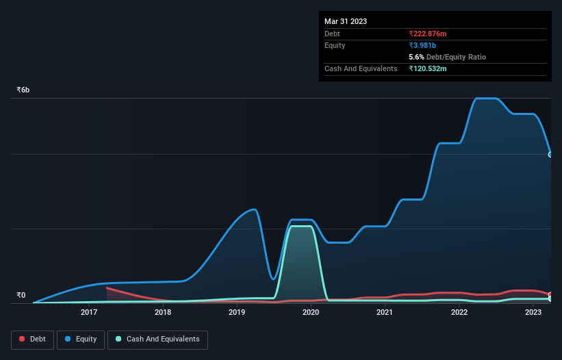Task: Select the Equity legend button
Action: (81, 339)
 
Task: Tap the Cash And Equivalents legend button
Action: (157, 339)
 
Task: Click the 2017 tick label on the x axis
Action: (89, 313)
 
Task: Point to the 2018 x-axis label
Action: (163, 313)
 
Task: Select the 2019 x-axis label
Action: (237, 313)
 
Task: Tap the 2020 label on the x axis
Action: (311, 313)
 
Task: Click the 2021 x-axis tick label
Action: (385, 313)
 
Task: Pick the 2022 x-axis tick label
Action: (459, 313)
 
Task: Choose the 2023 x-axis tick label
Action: (533, 313)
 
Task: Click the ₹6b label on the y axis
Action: (23, 90)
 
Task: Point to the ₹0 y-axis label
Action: (21, 296)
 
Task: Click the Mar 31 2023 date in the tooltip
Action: (346, 21)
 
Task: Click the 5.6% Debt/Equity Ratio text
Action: (447, 57)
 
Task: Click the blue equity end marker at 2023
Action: (550, 154)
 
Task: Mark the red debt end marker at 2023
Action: (550, 295)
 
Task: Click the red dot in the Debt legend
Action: (23, 339)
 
